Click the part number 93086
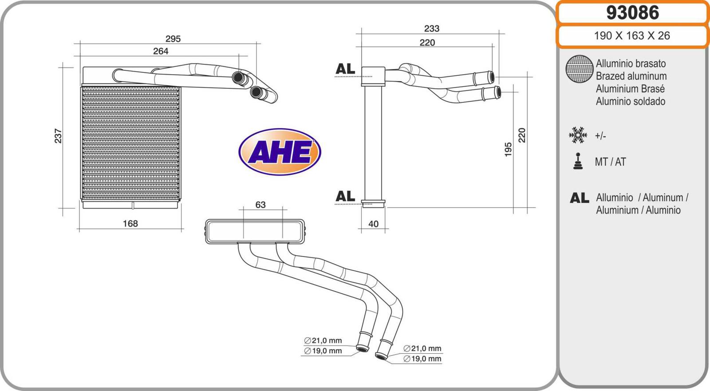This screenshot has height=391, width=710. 633,13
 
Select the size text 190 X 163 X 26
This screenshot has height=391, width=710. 632,36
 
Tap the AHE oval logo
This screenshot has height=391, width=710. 280,152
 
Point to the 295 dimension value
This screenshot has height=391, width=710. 173,39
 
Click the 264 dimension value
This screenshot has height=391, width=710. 161,51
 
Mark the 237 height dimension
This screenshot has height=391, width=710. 58,136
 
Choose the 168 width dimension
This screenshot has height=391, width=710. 130,224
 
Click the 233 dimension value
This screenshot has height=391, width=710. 432,28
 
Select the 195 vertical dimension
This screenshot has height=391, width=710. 508,150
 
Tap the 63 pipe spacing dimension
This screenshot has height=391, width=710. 260,205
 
